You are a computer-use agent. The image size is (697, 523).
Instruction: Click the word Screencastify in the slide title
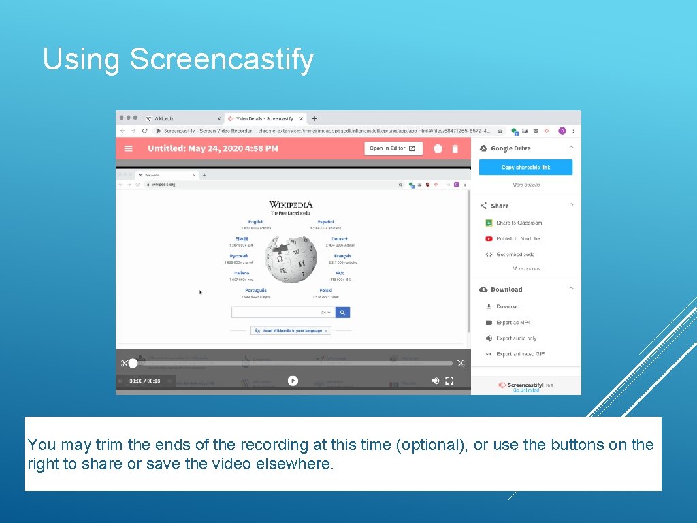[x=221, y=59]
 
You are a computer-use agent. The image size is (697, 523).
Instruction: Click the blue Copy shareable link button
[x=525, y=167]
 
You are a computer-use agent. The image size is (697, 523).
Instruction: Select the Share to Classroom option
[x=519, y=223]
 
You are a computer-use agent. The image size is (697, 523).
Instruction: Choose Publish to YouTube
[x=517, y=239]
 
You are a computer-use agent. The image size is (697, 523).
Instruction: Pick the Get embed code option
[x=515, y=255]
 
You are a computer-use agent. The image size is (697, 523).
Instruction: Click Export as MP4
[x=513, y=323]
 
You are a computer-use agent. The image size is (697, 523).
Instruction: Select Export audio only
[x=516, y=338]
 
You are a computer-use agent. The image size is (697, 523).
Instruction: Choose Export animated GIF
[x=520, y=354]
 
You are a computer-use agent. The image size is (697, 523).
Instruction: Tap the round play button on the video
[x=293, y=381]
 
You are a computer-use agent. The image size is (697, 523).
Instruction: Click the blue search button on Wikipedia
[x=343, y=313]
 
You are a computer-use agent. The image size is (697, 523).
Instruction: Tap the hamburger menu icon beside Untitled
[x=128, y=148]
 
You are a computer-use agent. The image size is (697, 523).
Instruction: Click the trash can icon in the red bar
[x=455, y=148]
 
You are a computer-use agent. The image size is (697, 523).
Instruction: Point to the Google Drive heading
[x=510, y=148]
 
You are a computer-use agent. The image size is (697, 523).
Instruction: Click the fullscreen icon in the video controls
[x=449, y=381]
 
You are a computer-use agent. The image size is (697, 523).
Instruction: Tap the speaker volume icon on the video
[x=436, y=381]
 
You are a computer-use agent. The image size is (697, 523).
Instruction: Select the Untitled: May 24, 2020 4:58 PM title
[x=212, y=148]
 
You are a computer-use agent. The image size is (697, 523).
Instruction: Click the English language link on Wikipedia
[x=256, y=221]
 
